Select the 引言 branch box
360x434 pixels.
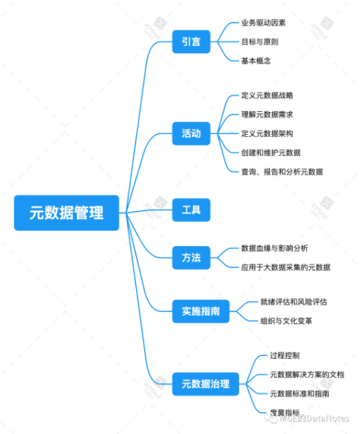(191, 42)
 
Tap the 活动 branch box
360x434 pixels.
(191, 133)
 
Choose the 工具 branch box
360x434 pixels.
(191, 210)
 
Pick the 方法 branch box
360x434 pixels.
(191, 257)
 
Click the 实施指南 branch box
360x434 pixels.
(201, 311)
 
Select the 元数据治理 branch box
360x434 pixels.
(206, 384)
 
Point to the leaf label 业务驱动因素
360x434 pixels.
(264, 23)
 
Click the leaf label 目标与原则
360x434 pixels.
(259, 42)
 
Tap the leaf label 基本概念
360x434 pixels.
(255, 61)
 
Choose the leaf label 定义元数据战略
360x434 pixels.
(267, 95)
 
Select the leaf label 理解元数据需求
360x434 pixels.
(267, 114)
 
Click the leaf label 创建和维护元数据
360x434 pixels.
(271, 152)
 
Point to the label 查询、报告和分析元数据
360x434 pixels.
(282, 171)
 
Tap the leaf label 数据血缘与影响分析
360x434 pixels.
(274, 248)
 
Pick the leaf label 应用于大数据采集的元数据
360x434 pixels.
(286, 267)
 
